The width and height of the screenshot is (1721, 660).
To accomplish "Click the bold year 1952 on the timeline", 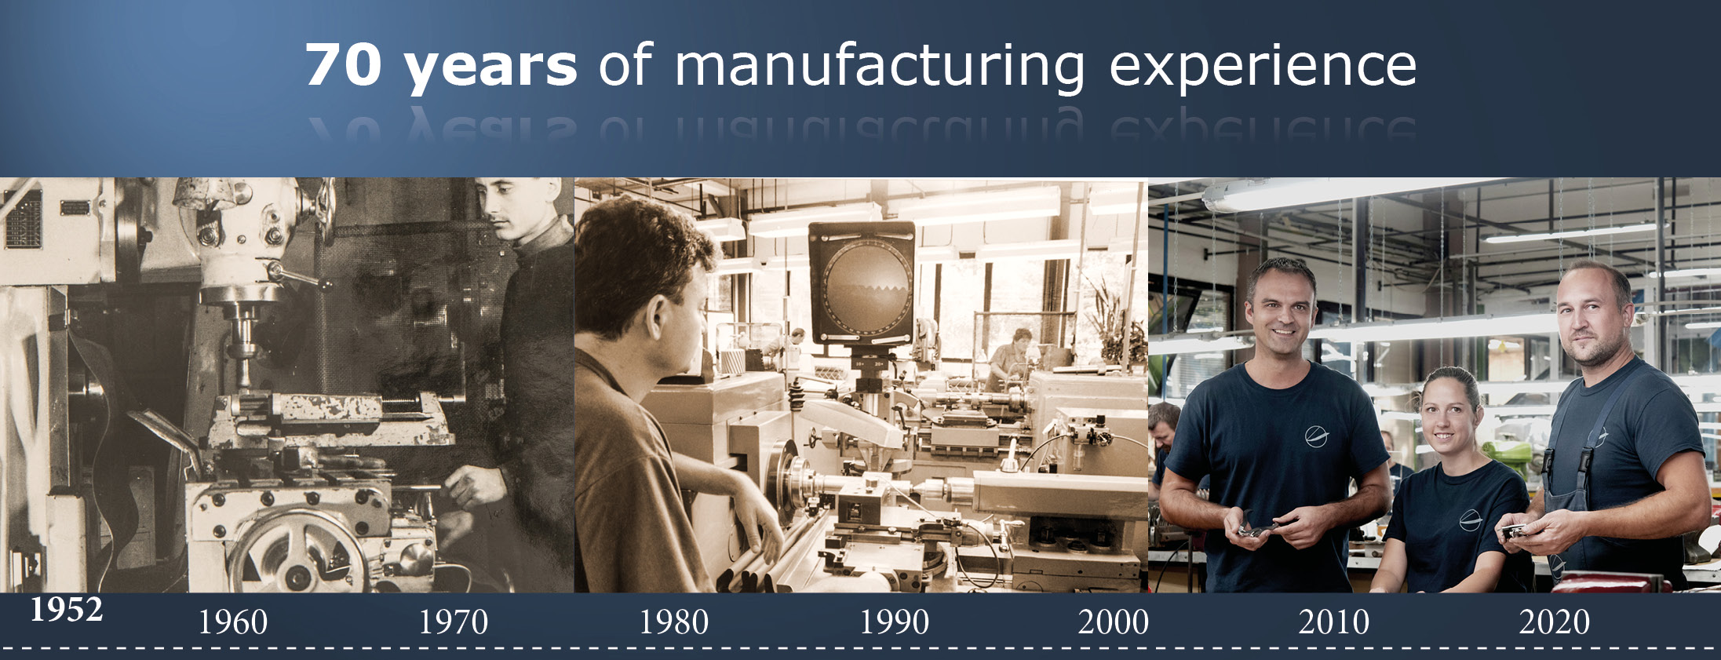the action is click(x=67, y=610).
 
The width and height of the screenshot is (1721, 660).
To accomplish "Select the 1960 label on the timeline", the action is click(x=233, y=622).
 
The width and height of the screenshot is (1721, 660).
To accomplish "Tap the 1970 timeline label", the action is click(x=454, y=622).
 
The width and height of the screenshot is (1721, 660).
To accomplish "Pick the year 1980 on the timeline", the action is click(x=674, y=622).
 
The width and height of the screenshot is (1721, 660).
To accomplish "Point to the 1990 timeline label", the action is click(x=895, y=622).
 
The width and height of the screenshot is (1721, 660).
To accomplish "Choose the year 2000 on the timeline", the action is click(x=1114, y=622).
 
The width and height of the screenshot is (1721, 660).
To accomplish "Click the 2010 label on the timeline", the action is click(x=1334, y=622).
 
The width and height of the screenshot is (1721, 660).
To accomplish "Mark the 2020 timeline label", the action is click(x=1555, y=622).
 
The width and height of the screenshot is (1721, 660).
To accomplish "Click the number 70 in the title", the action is click(x=344, y=64).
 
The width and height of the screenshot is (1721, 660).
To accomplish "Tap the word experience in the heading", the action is click(x=1263, y=67).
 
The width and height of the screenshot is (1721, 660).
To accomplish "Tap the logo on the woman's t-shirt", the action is click(x=1469, y=520).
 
